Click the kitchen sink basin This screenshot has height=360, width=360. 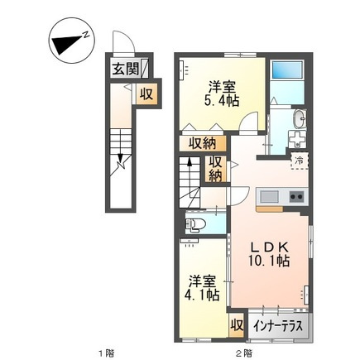click(271, 197)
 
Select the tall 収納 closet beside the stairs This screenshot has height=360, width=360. click(214, 169)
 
